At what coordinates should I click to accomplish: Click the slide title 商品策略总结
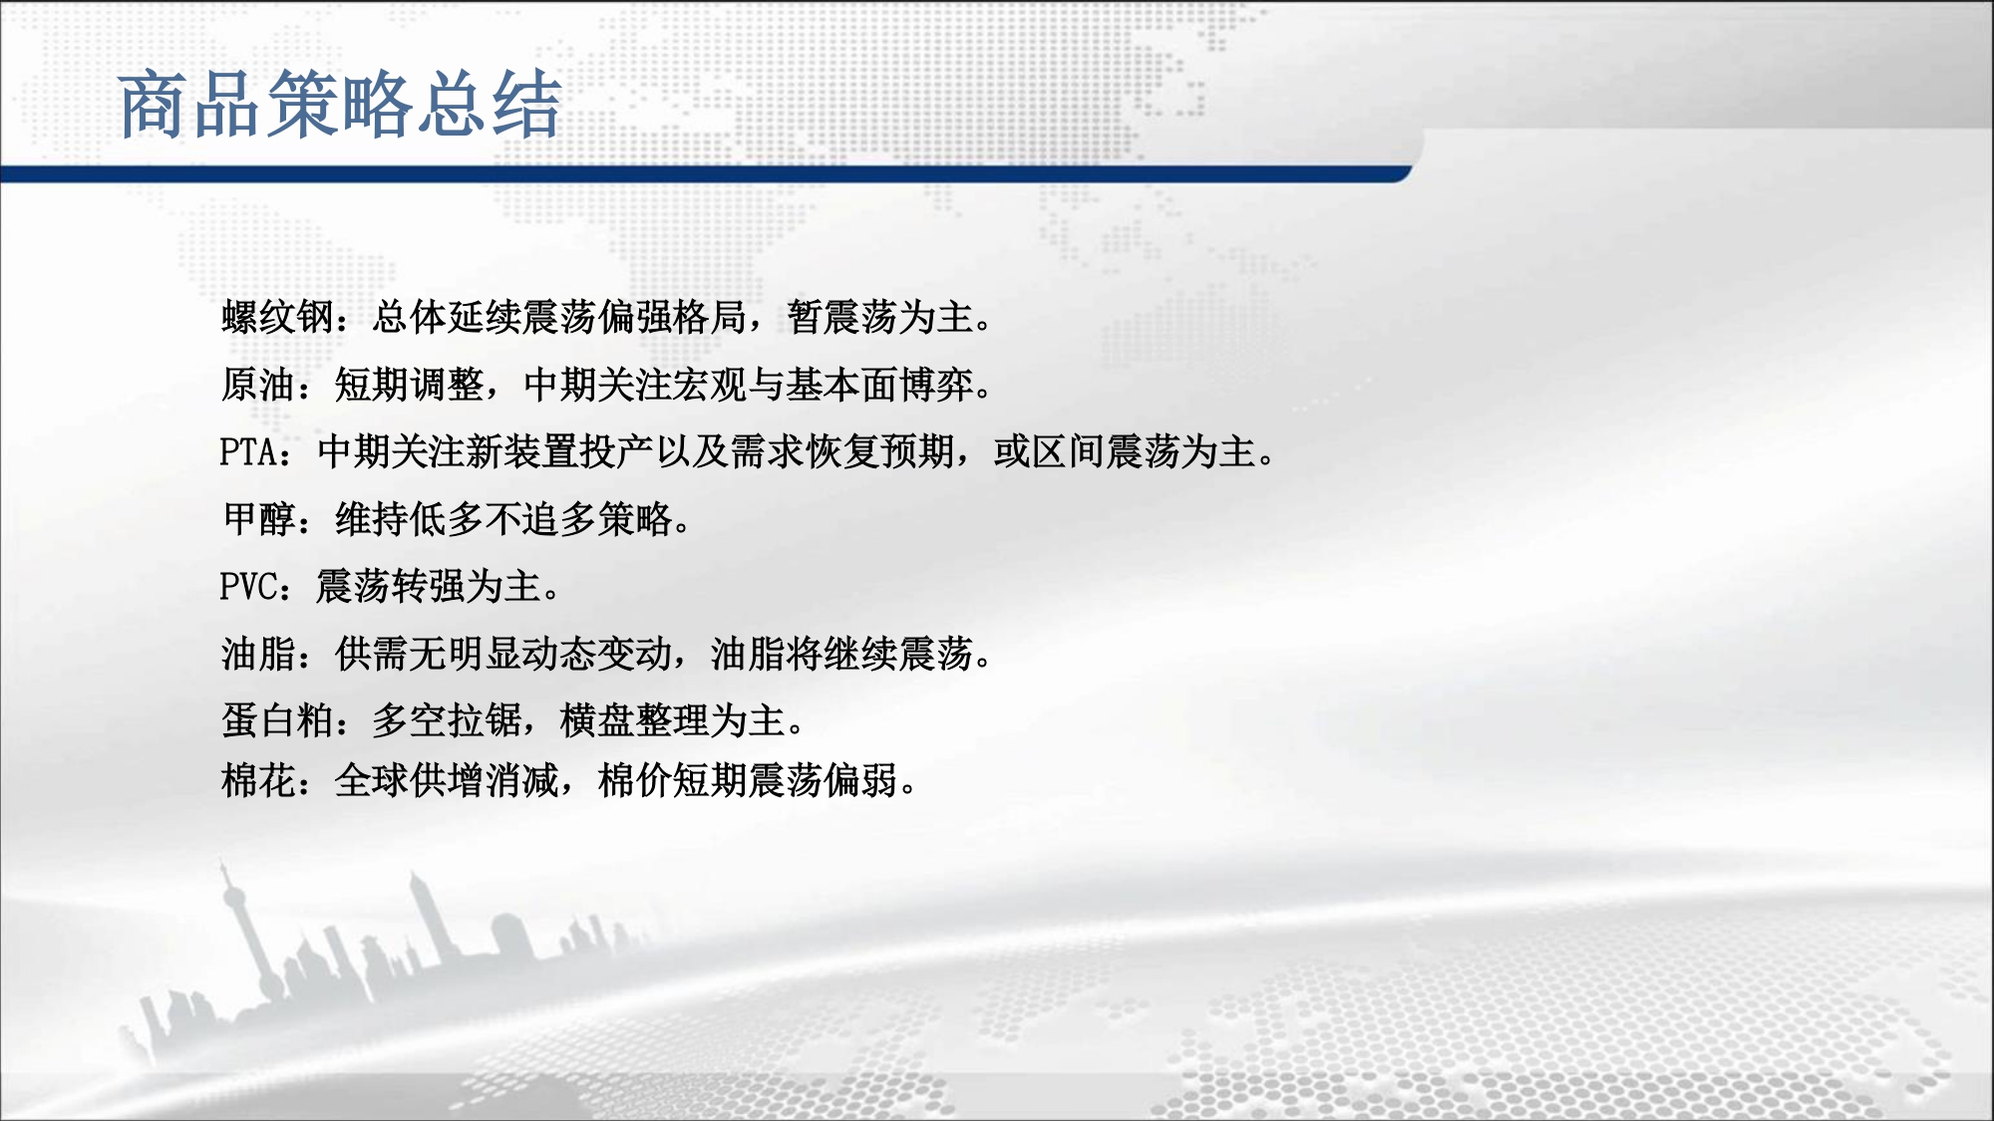click(340, 104)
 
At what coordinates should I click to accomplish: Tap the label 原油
click(258, 385)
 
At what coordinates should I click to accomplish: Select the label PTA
click(248, 451)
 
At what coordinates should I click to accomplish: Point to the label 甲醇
click(258, 519)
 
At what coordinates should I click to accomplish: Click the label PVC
click(248, 587)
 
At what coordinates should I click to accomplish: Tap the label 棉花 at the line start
click(258, 780)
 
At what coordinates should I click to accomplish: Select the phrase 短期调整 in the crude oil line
click(409, 385)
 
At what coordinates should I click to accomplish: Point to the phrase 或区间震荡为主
click(1124, 451)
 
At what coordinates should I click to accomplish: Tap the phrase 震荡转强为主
click(428, 587)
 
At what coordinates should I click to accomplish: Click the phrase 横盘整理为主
click(673, 720)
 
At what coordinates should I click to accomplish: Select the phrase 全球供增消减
click(447, 780)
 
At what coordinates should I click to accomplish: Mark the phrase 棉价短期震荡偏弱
click(748, 780)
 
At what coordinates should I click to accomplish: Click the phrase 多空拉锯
click(447, 720)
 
